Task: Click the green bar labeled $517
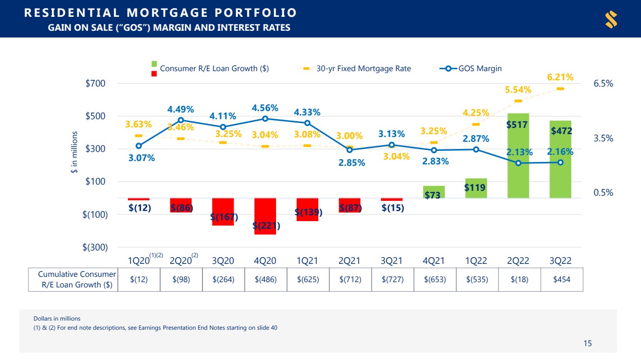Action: [518, 156]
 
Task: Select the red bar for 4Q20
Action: [265, 216]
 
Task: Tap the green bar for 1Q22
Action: [476, 188]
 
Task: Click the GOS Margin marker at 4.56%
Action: [265, 119]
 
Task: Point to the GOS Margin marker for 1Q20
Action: [139, 146]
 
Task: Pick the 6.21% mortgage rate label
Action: [560, 77]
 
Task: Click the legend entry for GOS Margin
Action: [470, 69]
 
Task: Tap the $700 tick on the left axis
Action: [95, 84]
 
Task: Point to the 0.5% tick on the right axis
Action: [603, 192]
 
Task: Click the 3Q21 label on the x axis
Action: [391, 261]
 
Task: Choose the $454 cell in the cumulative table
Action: [562, 279]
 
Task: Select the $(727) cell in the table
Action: [392, 279]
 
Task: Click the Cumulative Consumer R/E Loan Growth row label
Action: [76, 279]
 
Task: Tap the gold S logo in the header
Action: [611, 19]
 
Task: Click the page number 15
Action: [588, 343]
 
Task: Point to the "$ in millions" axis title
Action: [74, 152]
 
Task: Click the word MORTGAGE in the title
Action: [167, 13]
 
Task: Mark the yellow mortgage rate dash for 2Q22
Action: [518, 101]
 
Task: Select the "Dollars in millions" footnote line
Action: [57, 319]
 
